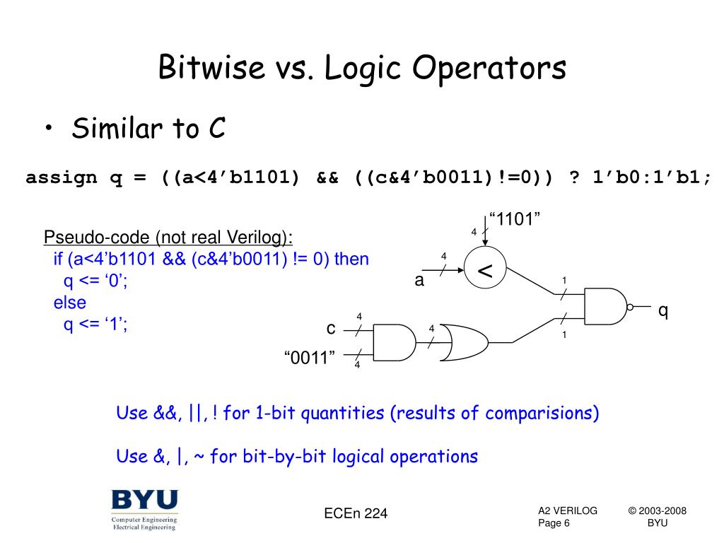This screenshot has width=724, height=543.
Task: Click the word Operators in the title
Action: click(x=489, y=69)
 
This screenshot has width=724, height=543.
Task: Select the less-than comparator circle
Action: click(x=484, y=270)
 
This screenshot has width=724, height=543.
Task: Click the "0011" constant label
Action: click(x=309, y=358)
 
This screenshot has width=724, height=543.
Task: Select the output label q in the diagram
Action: click(x=663, y=310)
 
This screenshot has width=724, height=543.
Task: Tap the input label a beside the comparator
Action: click(x=419, y=281)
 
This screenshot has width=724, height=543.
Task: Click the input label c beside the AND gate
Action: click(x=330, y=329)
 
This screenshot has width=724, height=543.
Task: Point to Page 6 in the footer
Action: click(x=554, y=523)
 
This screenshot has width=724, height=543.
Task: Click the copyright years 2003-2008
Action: click(x=658, y=511)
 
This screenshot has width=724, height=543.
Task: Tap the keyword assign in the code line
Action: click(x=61, y=177)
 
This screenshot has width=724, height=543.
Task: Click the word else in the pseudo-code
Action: click(x=70, y=303)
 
